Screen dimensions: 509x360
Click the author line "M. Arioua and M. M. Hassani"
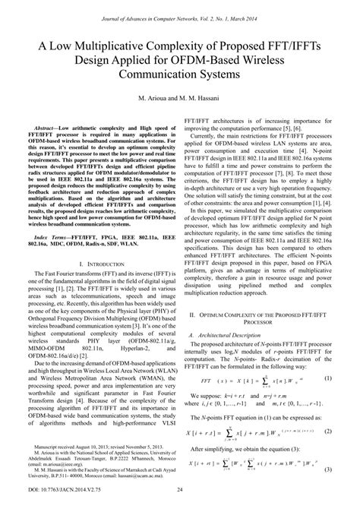point(180,100)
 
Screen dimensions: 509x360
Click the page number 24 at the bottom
point(180,501)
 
